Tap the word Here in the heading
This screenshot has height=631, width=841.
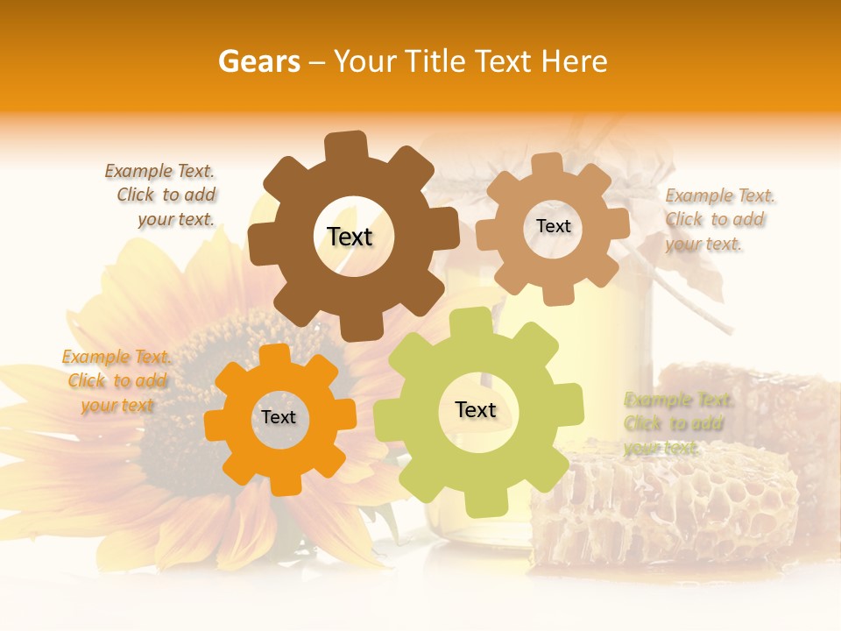coord(575,61)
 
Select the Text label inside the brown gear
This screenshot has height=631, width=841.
coord(350,237)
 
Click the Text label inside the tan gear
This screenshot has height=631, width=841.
coord(553,226)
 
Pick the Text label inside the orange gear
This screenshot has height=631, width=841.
coord(279,417)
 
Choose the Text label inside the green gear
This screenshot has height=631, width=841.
coord(476,409)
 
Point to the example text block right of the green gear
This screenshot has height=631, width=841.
coord(676,423)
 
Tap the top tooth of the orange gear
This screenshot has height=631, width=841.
coord(275,354)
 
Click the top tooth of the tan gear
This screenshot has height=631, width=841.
coord(548,164)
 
